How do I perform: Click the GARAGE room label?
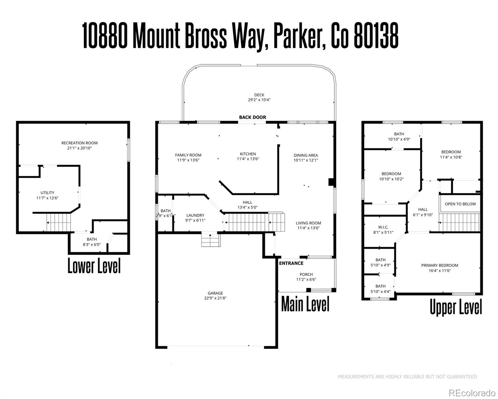(x=215, y=293)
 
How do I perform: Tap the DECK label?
(x=259, y=95)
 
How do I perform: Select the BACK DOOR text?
(x=252, y=117)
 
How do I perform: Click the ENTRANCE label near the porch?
(x=291, y=263)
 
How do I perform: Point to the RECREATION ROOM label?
(x=79, y=143)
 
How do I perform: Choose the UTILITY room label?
(x=47, y=193)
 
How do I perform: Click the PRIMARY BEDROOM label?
(x=440, y=265)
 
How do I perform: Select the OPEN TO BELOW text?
(x=460, y=204)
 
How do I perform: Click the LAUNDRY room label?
(x=195, y=215)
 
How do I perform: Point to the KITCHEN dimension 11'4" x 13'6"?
(x=248, y=159)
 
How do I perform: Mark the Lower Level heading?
(x=94, y=266)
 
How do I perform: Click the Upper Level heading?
(x=456, y=307)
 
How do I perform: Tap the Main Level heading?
(x=305, y=304)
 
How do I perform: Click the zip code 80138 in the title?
(x=376, y=37)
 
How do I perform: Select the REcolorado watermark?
(x=471, y=393)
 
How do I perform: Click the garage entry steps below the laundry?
(x=210, y=240)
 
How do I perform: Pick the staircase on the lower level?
(x=59, y=222)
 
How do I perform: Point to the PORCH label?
(x=306, y=275)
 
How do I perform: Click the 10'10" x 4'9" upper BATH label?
(x=399, y=139)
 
